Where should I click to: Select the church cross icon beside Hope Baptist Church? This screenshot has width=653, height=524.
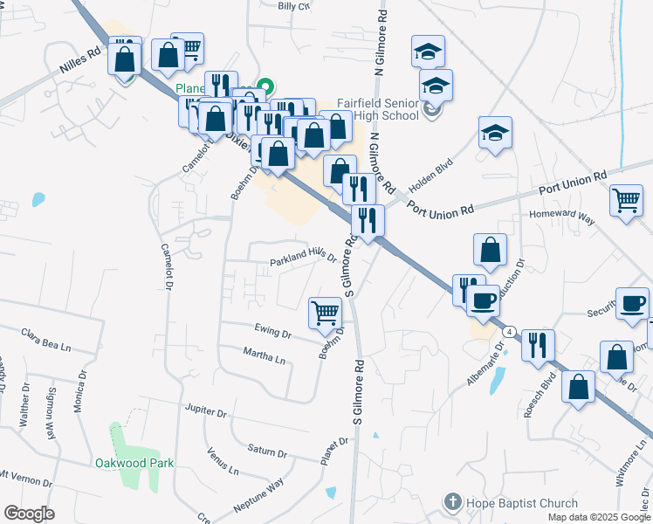[452, 502]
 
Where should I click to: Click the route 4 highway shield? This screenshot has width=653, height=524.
[510, 333]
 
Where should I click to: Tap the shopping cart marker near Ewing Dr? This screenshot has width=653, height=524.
[326, 312]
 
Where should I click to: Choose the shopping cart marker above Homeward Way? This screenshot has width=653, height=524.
[626, 201]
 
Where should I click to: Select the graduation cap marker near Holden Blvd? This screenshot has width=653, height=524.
[495, 134]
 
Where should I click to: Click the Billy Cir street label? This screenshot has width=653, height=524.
[293, 6]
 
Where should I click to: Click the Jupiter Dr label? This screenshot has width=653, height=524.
[205, 409]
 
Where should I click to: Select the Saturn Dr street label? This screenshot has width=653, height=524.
[267, 451]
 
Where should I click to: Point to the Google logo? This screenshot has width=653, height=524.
[29, 514]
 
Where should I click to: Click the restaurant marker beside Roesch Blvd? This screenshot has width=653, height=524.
[538, 343]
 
